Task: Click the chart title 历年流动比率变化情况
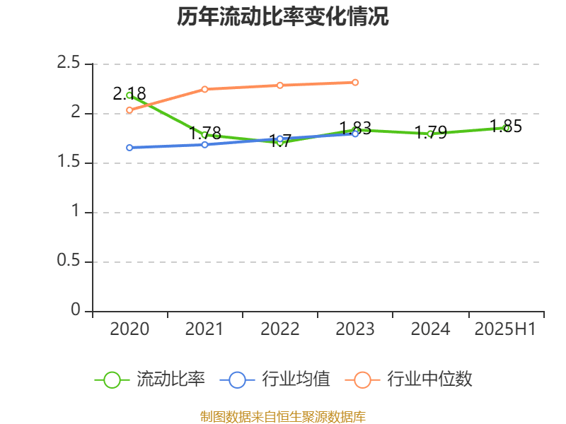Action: coord(283,17)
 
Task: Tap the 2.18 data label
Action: coord(129,93)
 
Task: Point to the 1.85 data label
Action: coord(506,126)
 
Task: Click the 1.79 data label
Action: coord(430,132)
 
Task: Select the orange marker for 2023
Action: coord(355,82)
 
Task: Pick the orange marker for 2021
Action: coord(204,89)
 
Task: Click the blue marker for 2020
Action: coord(129,148)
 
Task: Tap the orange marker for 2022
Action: coord(280,86)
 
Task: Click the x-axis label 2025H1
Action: coord(505,329)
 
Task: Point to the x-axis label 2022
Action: coord(280,329)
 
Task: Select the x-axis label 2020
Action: coord(129,329)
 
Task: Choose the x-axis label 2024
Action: coord(430,329)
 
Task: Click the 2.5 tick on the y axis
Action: coord(70,64)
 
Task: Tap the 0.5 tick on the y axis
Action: coord(70,261)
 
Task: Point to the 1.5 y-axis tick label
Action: coord(70,163)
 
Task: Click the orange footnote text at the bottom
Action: coord(283,416)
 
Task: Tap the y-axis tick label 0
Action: coord(76,311)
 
